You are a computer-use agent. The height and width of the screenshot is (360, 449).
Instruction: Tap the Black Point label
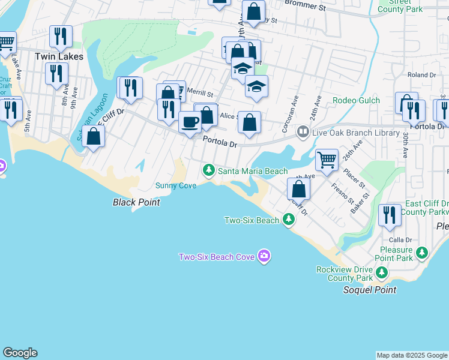pos(136,203)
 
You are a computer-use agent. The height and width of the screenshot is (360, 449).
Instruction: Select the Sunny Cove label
pos(176,186)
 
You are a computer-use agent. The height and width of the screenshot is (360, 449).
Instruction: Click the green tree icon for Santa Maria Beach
pos(209,171)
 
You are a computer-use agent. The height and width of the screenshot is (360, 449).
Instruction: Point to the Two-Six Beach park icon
pos(289,221)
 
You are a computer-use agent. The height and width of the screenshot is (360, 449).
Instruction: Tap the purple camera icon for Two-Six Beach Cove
pos(264,257)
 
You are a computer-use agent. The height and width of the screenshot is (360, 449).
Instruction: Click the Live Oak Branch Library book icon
pos(303,133)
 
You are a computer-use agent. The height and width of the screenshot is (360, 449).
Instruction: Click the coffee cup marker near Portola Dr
pos(190,122)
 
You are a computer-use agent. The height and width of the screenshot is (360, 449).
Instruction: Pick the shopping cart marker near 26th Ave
pos(327,160)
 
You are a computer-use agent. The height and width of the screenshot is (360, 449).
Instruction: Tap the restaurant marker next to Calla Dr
pos(390,215)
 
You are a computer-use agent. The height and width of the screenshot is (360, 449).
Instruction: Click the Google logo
pos(20,353)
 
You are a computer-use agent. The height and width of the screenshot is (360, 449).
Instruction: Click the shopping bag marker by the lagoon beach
pos(93,136)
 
